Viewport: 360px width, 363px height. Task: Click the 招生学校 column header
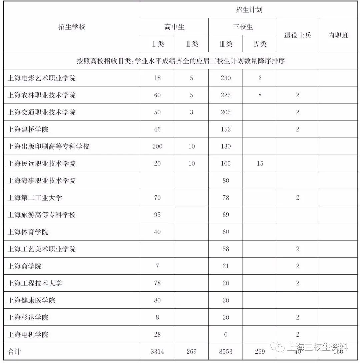tap(72, 27)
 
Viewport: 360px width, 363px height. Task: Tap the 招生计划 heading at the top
tap(249, 10)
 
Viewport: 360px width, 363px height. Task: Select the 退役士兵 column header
tap(297, 35)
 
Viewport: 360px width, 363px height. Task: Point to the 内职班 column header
tap(338, 35)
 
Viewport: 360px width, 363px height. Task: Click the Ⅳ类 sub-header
tap(260, 44)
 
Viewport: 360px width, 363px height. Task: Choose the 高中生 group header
tap(174, 27)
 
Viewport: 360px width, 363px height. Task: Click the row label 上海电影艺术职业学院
tap(42, 78)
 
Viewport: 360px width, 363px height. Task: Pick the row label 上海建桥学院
tap(28, 129)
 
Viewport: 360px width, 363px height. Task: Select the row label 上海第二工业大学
tap(35, 198)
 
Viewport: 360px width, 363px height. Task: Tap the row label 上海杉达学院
tap(28, 317)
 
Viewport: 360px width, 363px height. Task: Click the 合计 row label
tap(14, 352)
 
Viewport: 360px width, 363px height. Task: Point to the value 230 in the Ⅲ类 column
tap(226, 78)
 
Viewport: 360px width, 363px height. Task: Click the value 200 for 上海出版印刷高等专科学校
tap(157, 146)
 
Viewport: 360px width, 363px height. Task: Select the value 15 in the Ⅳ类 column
tap(260, 163)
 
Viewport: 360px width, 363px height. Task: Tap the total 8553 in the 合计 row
tap(226, 352)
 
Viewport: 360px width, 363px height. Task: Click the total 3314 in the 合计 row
tap(157, 352)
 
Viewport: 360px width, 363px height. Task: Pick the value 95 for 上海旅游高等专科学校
tap(157, 215)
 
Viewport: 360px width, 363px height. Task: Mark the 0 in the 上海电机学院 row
tap(226, 334)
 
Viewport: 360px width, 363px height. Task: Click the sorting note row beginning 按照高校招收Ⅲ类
tap(180, 61)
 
